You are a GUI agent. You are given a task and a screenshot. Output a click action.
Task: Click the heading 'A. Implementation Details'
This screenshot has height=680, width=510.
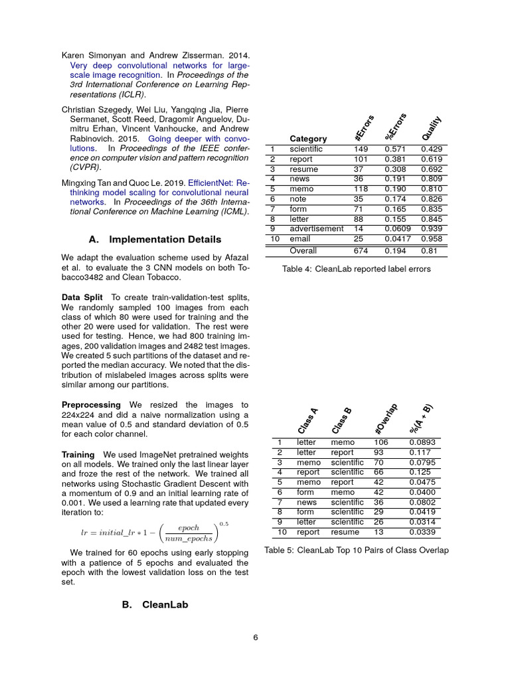pyautogui.click(x=155, y=239)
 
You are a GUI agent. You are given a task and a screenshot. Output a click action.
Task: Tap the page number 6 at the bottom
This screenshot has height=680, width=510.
pyautogui.click(x=255, y=637)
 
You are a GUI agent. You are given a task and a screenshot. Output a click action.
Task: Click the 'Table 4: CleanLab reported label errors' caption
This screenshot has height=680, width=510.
pyautogui.click(x=356, y=269)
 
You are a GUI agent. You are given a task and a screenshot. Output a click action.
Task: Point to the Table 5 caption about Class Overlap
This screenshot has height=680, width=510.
pyautogui.click(x=356, y=550)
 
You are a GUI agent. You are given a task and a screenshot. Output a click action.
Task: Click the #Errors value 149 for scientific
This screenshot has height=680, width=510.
pyautogui.click(x=361, y=149)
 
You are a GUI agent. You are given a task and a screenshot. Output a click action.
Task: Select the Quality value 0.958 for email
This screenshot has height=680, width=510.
pyautogui.click(x=432, y=239)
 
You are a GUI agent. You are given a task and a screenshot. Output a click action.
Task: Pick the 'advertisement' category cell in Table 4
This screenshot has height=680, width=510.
pyautogui.click(x=316, y=229)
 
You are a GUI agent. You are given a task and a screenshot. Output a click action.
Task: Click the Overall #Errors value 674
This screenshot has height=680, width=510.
pyautogui.click(x=361, y=251)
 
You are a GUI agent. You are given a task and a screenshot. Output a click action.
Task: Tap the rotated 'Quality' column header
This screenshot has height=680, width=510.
pyautogui.click(x=432, y=127)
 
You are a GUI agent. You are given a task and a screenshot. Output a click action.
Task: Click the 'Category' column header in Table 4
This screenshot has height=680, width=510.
pyautogui.click(x=308, y=139)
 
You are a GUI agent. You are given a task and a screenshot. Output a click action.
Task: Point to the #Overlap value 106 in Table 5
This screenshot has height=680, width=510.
pyautogui.click(x=381, y=442)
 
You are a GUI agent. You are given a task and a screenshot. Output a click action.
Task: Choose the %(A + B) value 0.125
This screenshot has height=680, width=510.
pyautogui.click(x=420, y=472)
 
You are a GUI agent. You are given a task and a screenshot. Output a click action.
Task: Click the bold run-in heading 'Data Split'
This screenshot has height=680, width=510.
pyautogui.click(x=83, y=297)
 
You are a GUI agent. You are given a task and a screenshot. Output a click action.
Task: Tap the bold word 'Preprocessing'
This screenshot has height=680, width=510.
pyautogui.click(x=91, y=404)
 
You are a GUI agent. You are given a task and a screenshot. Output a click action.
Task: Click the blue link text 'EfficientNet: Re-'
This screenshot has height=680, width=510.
pyautogui.click(x=218, y=181)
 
